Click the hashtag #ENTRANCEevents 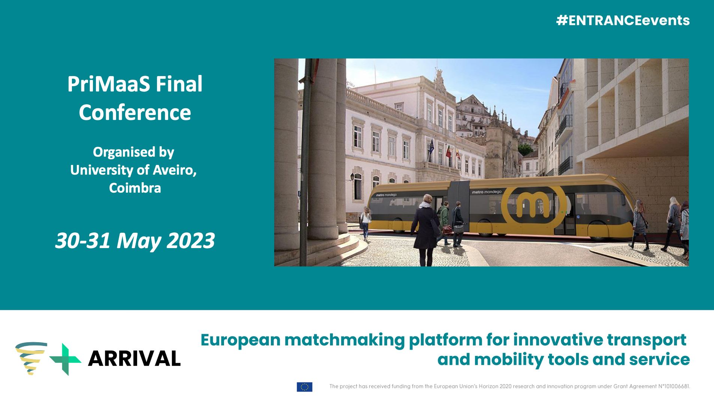(x=623, y=20)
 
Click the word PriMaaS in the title (x=109, y=84)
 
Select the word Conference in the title (x=135, y=112)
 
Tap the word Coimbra (x=135, y=188)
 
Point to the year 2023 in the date (x=191, y=240)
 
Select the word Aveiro (x=175, y=170)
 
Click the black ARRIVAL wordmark (x=134, y=359)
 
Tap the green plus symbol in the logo (x=66, y=359)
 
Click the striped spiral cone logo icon (x=31, y=358)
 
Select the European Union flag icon (x=305, y=387)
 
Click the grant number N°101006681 (x=674, y=386)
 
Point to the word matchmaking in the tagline (x=344, y=340)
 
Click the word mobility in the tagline (x=508, y=359)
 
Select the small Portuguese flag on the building (x=448, y=151)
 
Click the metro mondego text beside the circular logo (x=487, y=192)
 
